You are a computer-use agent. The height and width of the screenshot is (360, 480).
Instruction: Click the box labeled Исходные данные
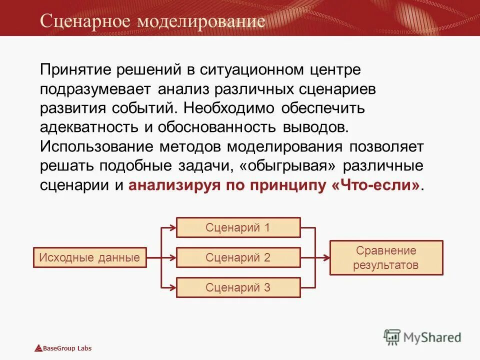(90, 258)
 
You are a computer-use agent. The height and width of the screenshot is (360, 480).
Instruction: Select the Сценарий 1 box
(238, 227)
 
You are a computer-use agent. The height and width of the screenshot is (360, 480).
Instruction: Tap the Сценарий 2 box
(238, 258)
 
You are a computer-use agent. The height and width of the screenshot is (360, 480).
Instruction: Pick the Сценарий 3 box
(238, 287)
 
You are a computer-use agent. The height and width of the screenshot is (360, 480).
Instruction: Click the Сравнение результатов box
(386, 258)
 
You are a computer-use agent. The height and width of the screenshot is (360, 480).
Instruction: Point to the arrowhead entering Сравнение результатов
(326, 258)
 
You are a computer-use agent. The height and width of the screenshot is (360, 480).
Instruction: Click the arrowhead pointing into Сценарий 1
(172, 228)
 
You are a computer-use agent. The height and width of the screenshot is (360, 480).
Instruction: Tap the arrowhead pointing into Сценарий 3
(172, 287)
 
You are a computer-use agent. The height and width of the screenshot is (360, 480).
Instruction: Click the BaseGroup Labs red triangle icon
(38, 348)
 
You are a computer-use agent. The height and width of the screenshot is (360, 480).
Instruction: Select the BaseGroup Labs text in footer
(67, 348)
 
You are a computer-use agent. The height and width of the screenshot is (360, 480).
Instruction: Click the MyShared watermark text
(432, 337)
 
